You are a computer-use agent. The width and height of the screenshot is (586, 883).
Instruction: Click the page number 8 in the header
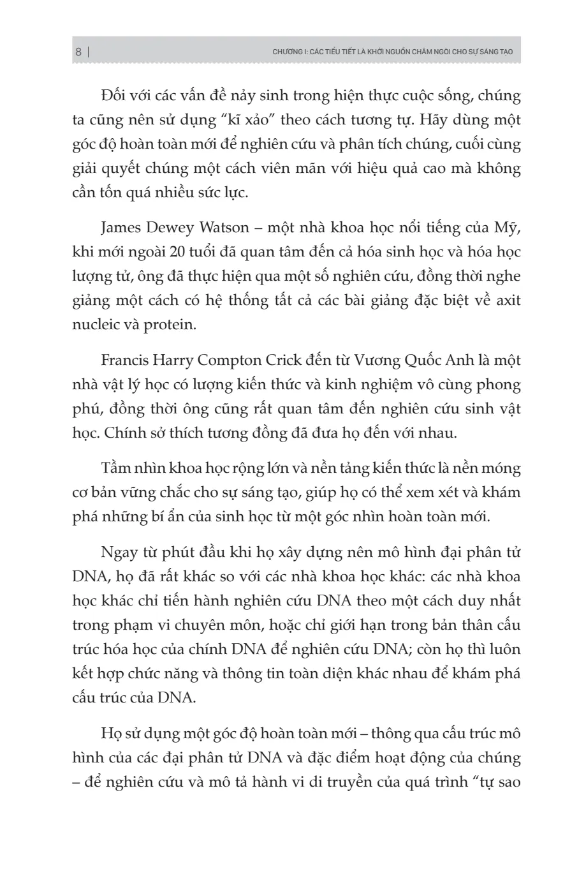78,52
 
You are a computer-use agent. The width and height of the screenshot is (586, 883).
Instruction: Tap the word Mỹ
507,228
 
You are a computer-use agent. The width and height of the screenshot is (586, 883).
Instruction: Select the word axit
508,300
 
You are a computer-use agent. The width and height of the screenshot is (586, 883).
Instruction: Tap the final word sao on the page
509,782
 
